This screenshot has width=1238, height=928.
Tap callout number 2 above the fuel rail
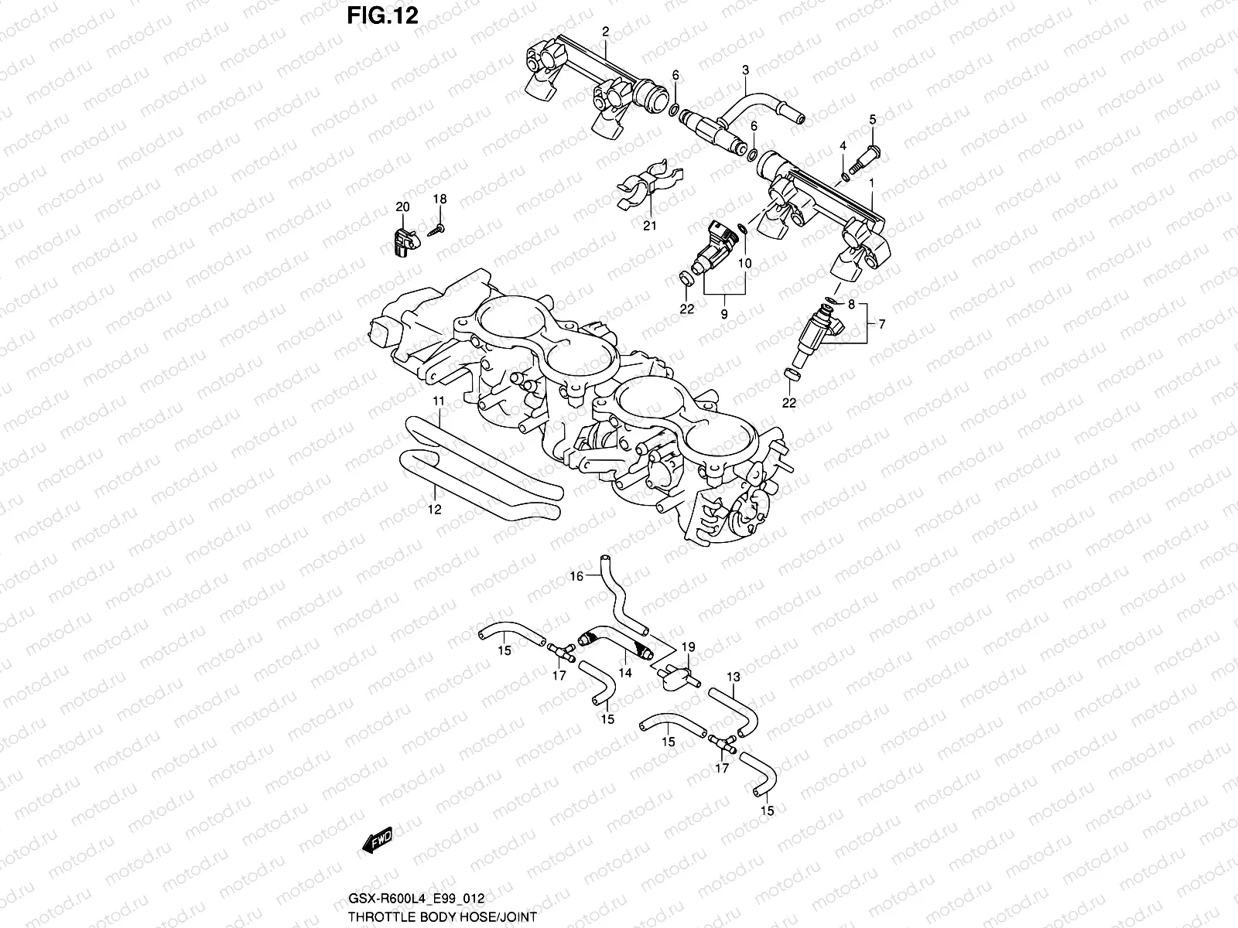click(605, 32)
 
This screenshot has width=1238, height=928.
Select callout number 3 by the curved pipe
click(745, 70)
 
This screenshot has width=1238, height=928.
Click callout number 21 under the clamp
click(650, 226)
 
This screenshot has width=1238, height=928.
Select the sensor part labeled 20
click(400, 240)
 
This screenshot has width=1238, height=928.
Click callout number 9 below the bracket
click(724, 315)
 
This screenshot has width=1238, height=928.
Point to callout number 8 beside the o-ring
click(851, 305)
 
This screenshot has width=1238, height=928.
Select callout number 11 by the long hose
click(439, 401)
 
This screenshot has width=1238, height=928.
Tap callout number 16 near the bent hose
click(576, 576)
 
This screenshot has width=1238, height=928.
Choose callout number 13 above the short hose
click(733, 677)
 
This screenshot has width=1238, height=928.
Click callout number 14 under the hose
click(625, 673)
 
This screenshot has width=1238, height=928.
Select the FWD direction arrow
click(375, 840)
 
